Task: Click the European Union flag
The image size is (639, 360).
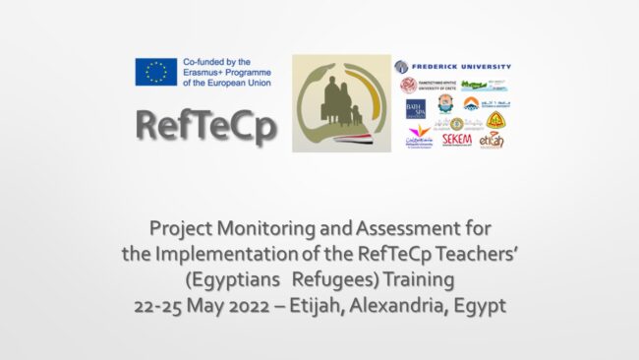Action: [156, 71]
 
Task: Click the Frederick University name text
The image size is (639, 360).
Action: [461, 67]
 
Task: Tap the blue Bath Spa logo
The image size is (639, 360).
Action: [415, 108]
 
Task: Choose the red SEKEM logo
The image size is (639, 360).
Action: [456, 140]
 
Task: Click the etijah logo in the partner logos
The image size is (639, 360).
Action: [492, 140]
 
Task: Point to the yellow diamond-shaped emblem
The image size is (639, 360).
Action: [495, 120]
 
